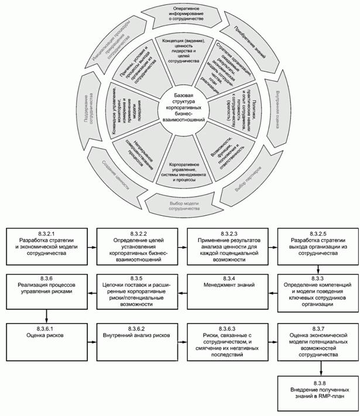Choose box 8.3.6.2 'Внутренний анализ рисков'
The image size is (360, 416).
click(135, 336)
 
